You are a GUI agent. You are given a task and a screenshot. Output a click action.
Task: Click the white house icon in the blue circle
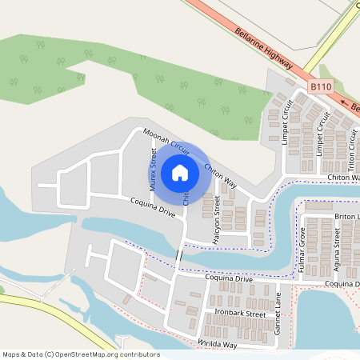180,172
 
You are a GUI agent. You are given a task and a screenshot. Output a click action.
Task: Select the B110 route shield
320,86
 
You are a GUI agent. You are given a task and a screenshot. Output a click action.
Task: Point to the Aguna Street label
337,249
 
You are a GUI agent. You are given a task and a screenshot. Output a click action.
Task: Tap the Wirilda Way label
218,343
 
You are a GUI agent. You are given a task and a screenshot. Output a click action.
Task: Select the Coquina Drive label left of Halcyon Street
153,209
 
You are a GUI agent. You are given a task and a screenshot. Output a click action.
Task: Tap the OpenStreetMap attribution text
81,354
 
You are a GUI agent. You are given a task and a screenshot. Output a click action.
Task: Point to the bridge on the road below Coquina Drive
179,255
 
